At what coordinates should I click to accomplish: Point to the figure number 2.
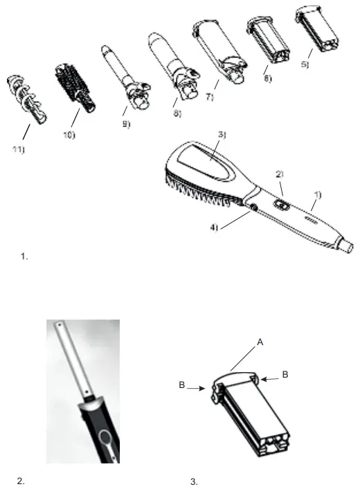21,478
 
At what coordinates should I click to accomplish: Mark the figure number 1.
24,257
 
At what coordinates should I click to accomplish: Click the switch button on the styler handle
280,204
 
